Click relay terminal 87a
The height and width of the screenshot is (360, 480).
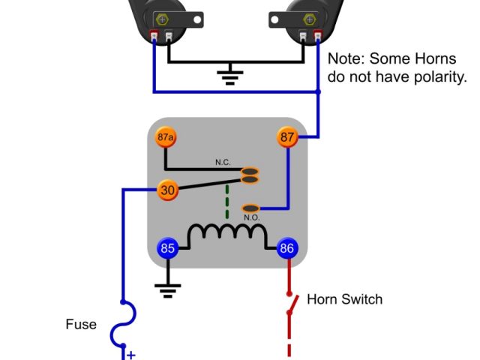(166, 138)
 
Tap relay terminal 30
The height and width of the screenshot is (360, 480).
(168, 190)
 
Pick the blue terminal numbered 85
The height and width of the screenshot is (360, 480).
(167, 248)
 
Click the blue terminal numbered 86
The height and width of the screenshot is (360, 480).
(287, 248)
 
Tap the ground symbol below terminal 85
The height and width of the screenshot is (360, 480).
(167, 288)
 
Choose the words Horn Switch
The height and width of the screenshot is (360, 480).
(344, 299)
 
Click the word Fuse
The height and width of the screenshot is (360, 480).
(80, 325)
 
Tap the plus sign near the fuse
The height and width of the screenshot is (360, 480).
(130, 355)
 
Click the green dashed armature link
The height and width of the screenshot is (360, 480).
(227, 202)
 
